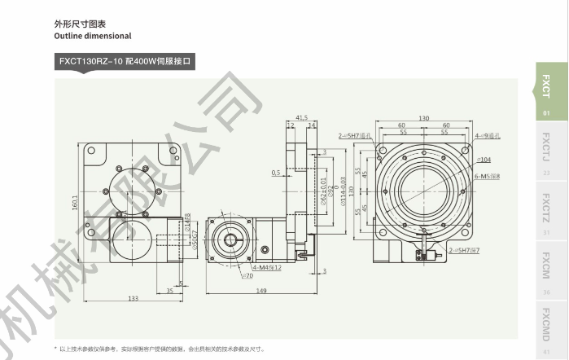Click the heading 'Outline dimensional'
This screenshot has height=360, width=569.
[x=92, y=36]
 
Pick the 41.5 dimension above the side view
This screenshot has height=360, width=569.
[x=302, y=118]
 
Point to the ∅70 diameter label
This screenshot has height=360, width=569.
[x=225, y=276]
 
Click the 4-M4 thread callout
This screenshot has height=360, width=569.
[x=243, y=266]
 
